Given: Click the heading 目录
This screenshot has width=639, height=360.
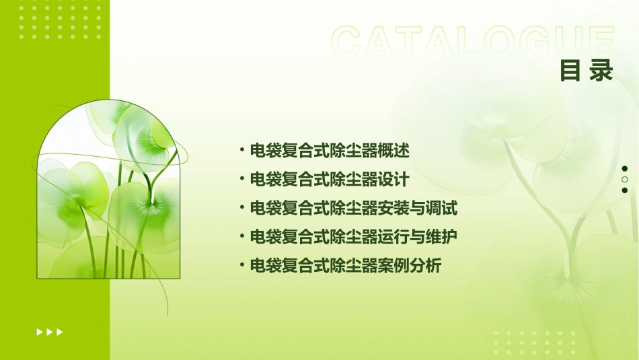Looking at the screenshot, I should point(587,71).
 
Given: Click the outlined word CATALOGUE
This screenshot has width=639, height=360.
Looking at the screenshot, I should point(473,42).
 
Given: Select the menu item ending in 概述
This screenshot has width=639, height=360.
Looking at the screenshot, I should point(330,151).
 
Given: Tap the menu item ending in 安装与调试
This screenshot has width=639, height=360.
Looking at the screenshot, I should point(353,209).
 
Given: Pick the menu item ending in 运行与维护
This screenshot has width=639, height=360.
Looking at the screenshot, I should point(353,237).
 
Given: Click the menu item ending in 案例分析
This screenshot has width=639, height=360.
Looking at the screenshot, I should point(345,266).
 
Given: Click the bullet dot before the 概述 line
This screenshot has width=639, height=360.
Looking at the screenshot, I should point(241,150).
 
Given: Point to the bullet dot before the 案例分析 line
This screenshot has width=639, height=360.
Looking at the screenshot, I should point(241,265).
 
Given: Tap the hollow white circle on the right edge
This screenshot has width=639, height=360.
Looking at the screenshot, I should point(625,180).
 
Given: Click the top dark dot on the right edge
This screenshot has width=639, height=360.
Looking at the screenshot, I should point(625,169).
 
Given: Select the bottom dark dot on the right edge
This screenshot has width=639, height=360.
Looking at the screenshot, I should point(625,190).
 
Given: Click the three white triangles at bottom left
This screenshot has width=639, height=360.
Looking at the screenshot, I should point(50,332).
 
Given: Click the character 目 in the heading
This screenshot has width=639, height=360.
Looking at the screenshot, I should point(570,71).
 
